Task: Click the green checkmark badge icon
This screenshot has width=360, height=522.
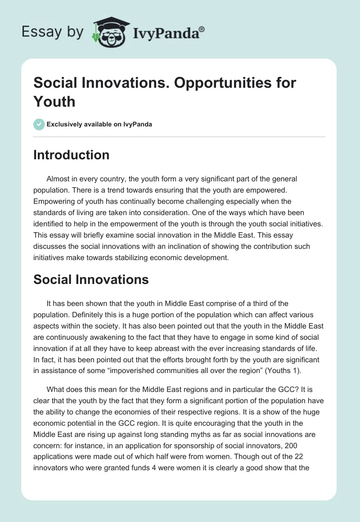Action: click(39, 124)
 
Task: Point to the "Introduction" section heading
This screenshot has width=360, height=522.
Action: click(71, 155)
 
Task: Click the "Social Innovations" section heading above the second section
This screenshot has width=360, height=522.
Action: click(91, 279)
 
